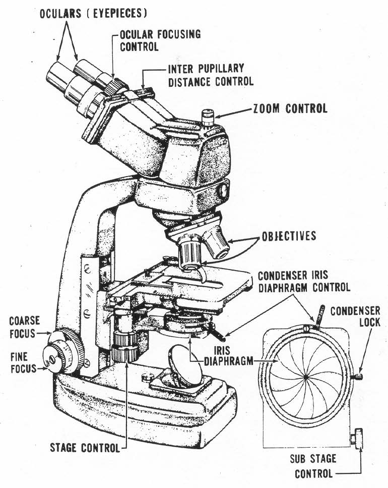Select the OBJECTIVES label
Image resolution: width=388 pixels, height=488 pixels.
(289, 236)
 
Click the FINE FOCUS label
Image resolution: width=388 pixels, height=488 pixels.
(23, 363)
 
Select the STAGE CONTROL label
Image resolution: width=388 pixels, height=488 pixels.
(85, 447)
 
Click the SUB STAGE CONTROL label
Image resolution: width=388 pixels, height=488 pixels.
(313, 467)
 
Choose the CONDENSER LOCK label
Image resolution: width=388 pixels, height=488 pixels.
(355, 316)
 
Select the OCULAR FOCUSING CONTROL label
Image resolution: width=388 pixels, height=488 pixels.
(160, 41)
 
